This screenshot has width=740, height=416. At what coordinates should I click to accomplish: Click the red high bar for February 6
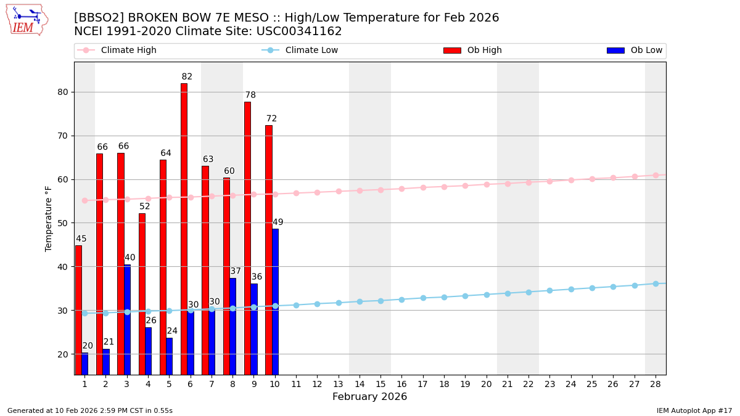click(184, 228)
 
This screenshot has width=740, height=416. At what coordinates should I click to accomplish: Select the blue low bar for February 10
click(275, 301)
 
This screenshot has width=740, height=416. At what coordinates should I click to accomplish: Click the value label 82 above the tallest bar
click(187, 77)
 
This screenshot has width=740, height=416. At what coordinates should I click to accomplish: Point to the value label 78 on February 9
click(250, 96)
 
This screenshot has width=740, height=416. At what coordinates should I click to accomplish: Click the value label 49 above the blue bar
click(278, 222)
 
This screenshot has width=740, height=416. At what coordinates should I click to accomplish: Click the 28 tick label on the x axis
click(656, 384)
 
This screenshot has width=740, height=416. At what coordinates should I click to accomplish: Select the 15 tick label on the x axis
click(380, 384)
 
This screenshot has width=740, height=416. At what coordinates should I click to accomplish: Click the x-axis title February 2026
click(370, 397)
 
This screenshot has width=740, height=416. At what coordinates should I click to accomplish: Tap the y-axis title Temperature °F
click(49, 218)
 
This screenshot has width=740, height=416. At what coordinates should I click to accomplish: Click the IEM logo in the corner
click(27, 19)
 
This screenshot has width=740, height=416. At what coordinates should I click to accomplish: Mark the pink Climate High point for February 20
click(487, 184)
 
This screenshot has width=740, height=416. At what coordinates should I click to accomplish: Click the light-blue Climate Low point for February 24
click(571, 289)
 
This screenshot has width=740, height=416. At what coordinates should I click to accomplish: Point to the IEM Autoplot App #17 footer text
click(694, 410)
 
